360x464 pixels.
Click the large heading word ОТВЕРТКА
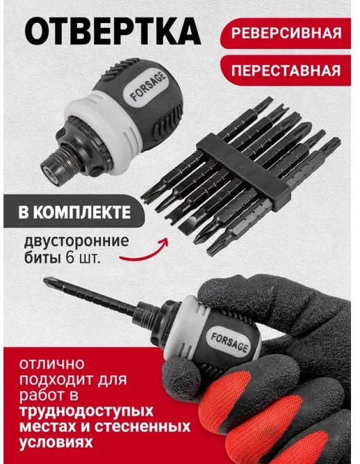pos(113,31)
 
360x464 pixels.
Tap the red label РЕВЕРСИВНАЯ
pos(286,33)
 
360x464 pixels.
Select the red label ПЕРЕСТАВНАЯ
pos(286,70)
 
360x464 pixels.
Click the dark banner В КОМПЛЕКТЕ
pos(74,211)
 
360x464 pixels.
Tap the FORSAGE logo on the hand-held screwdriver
pos(229,342)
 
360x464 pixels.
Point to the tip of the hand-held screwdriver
pos(45,280)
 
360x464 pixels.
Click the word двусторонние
pos(76,241)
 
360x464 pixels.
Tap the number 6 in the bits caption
pos(70,258)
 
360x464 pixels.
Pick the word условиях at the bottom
pos(56,442)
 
